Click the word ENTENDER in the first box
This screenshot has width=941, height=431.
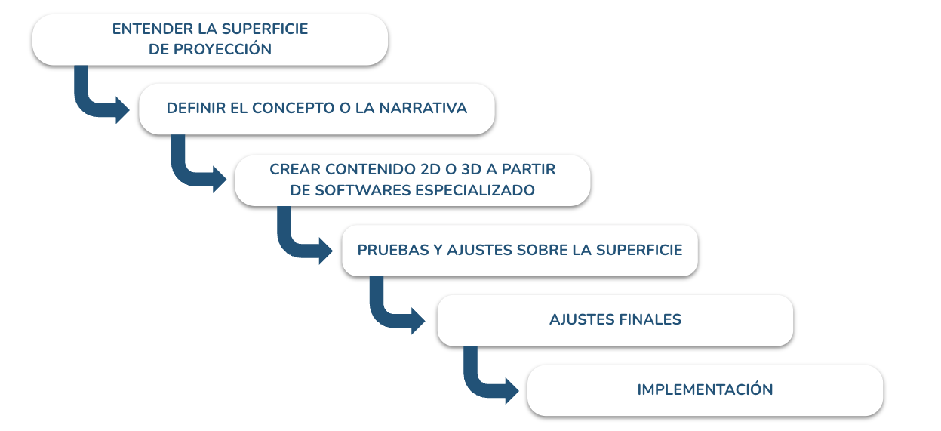coord(152,29)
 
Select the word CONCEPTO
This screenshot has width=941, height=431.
coord(294,109)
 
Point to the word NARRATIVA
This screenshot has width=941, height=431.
coord(423,109)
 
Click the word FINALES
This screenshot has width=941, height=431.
coord(650,320)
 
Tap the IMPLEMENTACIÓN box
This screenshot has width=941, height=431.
coord(705,390)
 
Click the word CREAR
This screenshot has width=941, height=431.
coord(295,169)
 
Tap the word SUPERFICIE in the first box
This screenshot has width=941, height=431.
coord(265,29)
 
